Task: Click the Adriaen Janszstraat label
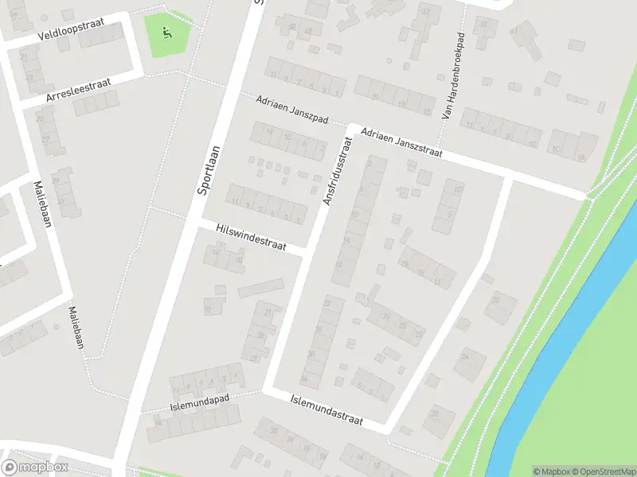tap(400, 143)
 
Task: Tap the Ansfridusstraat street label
tap(337, 171)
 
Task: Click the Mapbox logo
tap(35, 467)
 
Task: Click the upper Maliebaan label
tap(41, 204)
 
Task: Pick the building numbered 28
tap(439, 417)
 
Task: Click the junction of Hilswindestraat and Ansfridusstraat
tap(308, 253)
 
